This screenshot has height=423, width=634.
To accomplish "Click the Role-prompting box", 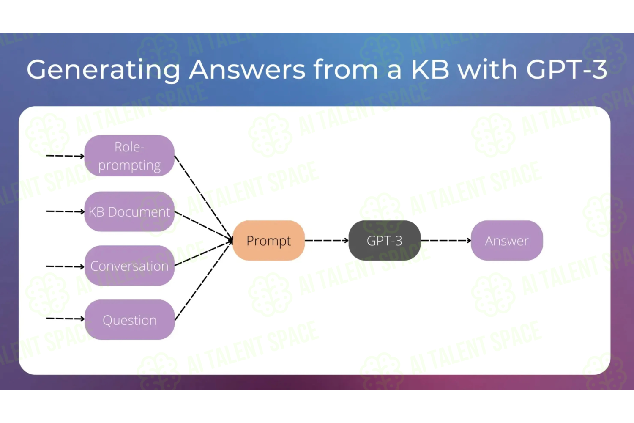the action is point(129,156).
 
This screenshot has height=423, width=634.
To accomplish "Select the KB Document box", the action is point(129,211).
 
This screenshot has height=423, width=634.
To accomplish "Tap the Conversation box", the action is point(129,266).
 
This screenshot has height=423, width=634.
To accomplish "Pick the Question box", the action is point(129,320).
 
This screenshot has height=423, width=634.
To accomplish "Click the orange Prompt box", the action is point(268,241).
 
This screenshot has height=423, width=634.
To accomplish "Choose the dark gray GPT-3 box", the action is point(384,241).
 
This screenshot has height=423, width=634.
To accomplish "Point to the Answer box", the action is point(507,241).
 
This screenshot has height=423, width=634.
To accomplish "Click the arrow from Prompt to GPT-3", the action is point(327,241).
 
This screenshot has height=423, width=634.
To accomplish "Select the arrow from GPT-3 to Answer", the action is point(446,241).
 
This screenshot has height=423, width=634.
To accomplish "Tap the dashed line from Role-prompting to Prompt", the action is point(203,198).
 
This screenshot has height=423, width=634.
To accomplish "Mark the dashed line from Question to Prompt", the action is point(203,280).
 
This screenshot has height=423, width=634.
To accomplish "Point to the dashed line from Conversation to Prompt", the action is point(203,253).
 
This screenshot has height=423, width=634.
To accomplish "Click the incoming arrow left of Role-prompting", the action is point(65,156).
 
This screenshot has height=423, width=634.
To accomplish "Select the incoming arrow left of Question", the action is point(65,319).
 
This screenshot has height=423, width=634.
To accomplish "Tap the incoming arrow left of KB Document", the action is point(65,211).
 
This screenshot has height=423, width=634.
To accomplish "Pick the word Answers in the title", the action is point(247,69).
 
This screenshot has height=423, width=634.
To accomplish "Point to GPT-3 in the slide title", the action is point(567,69).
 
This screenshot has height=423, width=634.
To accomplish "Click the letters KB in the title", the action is point(430,69).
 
